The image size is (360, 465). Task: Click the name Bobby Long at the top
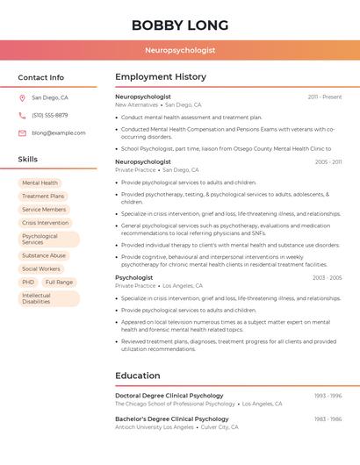tap(180, 25)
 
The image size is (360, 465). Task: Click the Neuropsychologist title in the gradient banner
tap(180, 50)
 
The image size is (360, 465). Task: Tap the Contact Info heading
tap(41, 77)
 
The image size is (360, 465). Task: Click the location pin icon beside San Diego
tap(22, 98)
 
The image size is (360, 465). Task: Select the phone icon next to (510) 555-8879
tap(22, 116)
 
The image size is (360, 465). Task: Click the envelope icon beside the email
tap(22, 133)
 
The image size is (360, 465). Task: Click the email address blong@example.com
tap(59, 133)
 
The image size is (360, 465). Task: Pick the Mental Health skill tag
tap(40, 183)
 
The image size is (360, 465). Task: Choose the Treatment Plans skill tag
tap(43, 197)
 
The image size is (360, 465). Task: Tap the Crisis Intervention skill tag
tap(45, 223)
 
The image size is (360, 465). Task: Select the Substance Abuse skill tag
tap(44, 255)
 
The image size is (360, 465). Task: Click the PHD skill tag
tap(28, 283)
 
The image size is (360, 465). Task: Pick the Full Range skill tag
tap(59, 283)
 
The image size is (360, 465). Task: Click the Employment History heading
tap(161, 77)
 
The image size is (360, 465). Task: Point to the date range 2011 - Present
tap(325, 97)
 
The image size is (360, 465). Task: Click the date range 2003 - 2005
tap(327, 277)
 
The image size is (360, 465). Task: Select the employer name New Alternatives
tap(136, 104)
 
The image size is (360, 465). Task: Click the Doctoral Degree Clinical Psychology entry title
tap(169, 396)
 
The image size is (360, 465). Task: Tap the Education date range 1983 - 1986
tap(328, 419)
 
